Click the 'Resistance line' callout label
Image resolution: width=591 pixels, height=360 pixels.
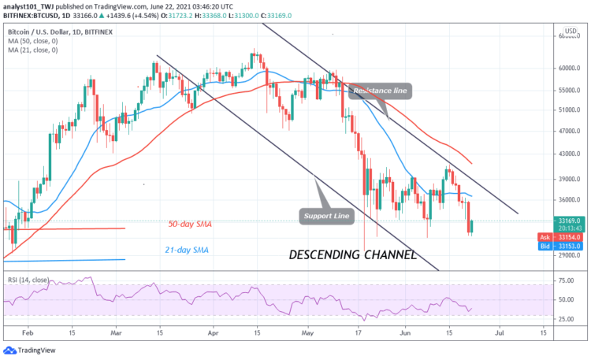pos(380,92)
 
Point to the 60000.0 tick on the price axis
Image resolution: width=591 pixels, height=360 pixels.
pos(569,68)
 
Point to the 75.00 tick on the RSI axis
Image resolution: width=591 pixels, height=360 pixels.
pos(564,280)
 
